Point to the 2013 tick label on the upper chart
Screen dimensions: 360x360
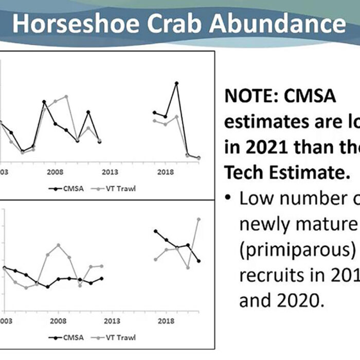tap(110, 172)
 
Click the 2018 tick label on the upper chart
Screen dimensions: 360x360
tap(165, 172)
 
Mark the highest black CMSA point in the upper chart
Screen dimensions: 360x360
tap(176, 83)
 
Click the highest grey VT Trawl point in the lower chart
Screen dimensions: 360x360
tap(199, 219)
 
